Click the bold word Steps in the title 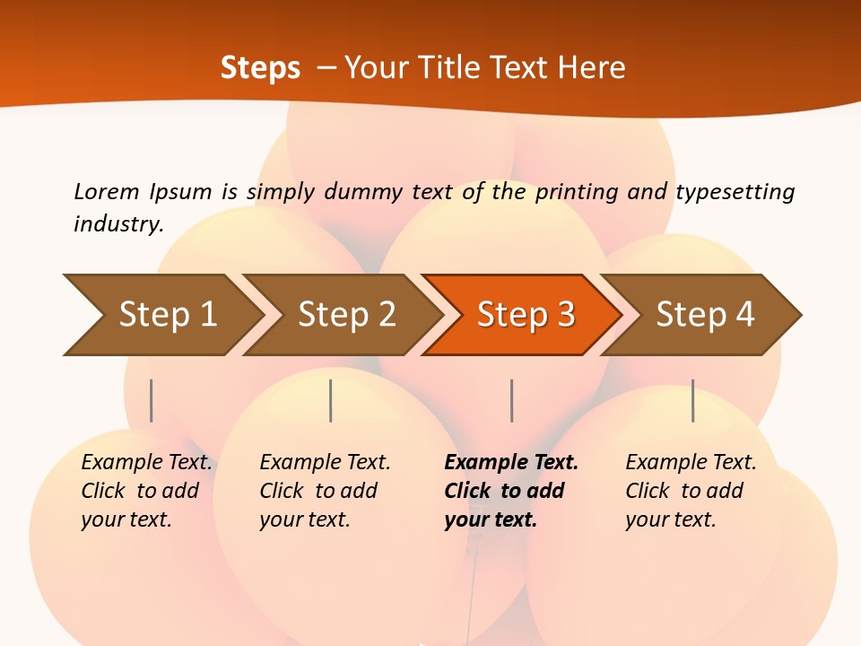coord(260,68)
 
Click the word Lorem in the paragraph coord(107,192)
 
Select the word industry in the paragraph coord(117,223)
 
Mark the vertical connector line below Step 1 coord(152,400)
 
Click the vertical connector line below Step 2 coord(331,400)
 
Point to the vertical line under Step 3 coord(511,400)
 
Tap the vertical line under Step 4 coord(692,400)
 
